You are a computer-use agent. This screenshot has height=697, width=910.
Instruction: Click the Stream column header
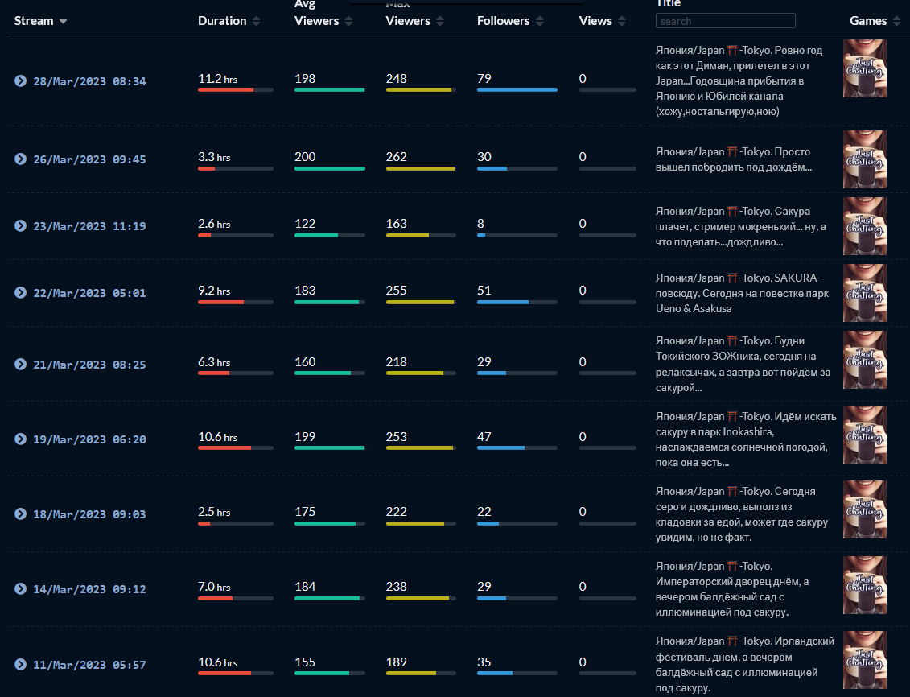click(34, 21)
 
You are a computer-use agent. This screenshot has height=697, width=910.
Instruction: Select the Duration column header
click(222, 21)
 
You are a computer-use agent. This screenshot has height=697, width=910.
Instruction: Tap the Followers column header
click(503, 21)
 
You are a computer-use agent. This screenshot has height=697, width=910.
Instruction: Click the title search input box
click(726, 21)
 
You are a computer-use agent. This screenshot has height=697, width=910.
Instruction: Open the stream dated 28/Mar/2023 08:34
click(89, 81)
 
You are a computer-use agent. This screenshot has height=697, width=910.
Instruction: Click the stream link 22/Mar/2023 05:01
click(89, 293)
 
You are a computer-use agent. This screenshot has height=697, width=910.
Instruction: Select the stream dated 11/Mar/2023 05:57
click(89, 665)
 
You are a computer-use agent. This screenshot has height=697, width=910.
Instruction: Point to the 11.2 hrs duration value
click(217, 79)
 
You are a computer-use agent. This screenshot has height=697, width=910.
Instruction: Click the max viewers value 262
click(397, 157)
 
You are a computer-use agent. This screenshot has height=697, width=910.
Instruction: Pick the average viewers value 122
click(305, 224)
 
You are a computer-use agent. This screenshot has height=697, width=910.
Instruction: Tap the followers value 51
click(484, 291)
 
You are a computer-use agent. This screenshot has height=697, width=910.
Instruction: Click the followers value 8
click(480, 224)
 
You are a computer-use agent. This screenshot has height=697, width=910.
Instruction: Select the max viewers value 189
click(397, 662)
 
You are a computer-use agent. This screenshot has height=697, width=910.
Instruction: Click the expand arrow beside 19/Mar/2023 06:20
click(20, 439)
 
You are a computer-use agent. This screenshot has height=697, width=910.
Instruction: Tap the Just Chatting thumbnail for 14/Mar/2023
click(865, 585)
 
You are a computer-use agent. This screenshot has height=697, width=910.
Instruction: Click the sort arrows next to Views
click(622, 21)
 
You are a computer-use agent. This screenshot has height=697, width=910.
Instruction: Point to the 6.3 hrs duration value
click(214, 362)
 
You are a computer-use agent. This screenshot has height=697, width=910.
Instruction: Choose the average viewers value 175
click(305, 511)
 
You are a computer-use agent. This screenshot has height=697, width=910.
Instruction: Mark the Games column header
click(868, 21)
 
